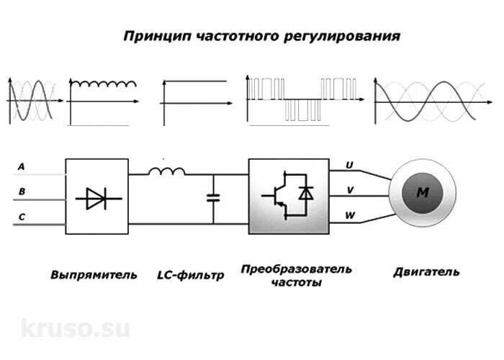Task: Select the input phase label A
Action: click(21, 167)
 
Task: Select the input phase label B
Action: click(21, 192)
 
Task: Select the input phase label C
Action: click(21, 217)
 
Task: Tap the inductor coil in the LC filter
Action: click(167, 171)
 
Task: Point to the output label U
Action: click(350, 165)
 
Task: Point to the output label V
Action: click(350, 190)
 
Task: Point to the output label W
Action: click(350, 215)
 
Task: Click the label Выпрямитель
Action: click(93, 274)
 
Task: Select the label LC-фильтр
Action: click(191, 274)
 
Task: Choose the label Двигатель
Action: click(426, 272)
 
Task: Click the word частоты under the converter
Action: click(297, 283)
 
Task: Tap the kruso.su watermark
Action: click(76, 328)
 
